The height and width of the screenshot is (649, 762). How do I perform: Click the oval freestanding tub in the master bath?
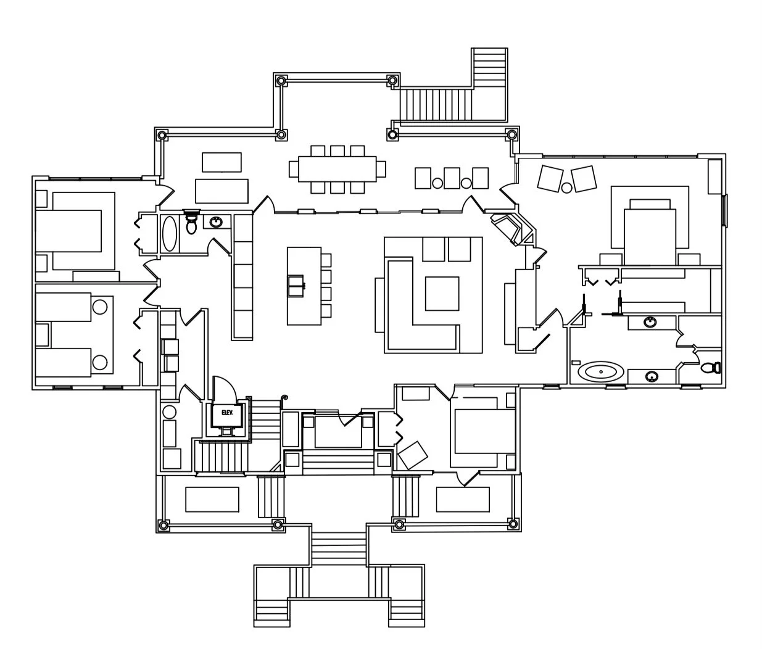click(x=601, y=372)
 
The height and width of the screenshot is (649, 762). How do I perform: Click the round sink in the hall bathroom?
click(x=216, y=222)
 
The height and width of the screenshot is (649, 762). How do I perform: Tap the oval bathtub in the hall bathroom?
click(x=170, y=233)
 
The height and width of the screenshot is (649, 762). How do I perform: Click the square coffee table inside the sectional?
click(x=442, y=294)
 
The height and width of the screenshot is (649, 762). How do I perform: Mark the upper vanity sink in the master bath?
click(x=650, y=321)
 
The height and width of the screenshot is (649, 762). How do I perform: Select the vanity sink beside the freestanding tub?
click(x=650, y=376)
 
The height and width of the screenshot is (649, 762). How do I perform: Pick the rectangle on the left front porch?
click(x=212, y=499)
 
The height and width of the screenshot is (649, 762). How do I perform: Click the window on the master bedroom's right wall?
click(x=725, y=210)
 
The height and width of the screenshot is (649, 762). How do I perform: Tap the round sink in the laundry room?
click(x=168, y=411)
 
